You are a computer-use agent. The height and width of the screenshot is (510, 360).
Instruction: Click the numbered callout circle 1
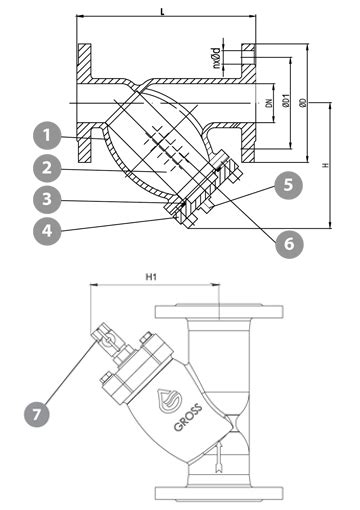click(x=47, y=135)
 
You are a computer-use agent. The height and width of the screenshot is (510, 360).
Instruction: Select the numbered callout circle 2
click(x=47, y=168)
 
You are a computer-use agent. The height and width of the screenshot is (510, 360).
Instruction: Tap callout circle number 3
click(x=47, y=199)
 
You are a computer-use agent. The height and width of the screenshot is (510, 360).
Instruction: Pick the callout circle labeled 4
click(x=47, y=231)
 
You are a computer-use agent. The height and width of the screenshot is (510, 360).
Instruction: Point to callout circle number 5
click(x=289, y=185)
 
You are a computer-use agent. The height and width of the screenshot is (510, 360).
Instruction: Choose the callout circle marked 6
click(x=289, y=244)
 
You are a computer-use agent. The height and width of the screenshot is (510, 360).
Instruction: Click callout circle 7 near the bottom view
click(x=37, y=414)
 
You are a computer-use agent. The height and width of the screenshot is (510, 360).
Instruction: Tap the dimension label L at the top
click(x=163, y=12)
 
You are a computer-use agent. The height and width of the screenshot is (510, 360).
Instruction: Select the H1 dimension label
click(x=151, y=276)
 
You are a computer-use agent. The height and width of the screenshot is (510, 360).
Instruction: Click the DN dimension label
click(x=269, y=103)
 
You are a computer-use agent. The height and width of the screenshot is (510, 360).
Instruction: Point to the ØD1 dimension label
click(x=286, y=101)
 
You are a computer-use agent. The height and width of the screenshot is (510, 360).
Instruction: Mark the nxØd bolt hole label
click(x=217, y=58)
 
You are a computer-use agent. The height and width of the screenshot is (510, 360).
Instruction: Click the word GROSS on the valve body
click(x=188, y=417)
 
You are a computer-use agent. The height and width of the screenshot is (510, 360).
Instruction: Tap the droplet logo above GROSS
click(x=168, y=401)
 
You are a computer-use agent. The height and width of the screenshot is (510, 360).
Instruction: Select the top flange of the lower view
click(x=219, y=311)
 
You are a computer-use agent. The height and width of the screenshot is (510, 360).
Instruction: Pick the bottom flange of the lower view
click(x=219, y=493)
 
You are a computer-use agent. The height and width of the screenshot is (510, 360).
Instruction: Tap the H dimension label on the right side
click(x=327, y=165)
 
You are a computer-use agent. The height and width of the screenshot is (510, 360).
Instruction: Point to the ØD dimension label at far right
click(x=303, y=103)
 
